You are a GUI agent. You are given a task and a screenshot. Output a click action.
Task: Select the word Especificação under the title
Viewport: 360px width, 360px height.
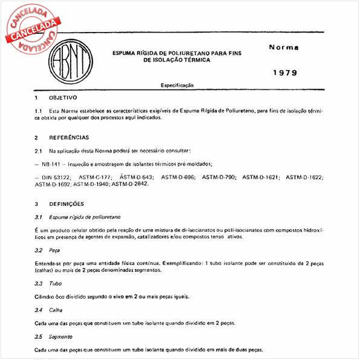coord(177,85)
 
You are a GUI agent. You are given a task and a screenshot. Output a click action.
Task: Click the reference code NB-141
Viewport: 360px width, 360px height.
coord(53,164)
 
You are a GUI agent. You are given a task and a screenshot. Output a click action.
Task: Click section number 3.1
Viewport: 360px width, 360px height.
coord(38,216)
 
